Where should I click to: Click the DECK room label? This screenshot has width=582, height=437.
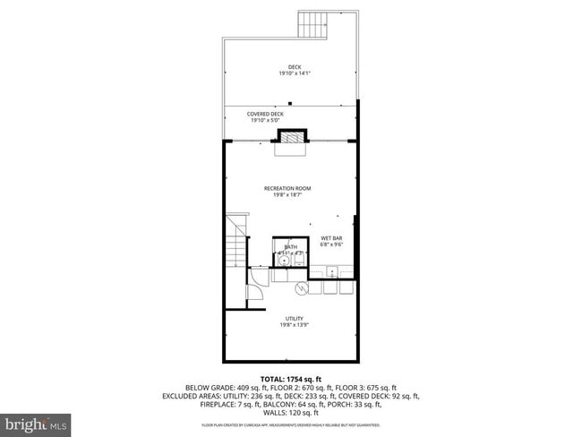pyautogui.click(x=289, y=67)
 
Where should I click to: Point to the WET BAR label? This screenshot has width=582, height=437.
pyautogui.click(x=332, y=237)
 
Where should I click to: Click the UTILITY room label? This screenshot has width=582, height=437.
pyautogui.click(x=294, y=319)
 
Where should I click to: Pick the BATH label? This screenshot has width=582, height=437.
pyautogui.click(x=290, y=246)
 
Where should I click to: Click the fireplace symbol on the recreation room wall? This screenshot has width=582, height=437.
pyautogui.click(x=291, y=137)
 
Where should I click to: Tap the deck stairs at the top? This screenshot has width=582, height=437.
pyautogui.click(x=313, y=24)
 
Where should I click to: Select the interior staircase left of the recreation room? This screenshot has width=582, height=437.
pyautogui.click(x=235, y=240)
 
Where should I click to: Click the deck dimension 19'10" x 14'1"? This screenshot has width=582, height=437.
pyautogui.click(x=289, y=74)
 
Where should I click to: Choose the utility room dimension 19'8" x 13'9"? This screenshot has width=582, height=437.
pyautogui.click(x=294, y=326)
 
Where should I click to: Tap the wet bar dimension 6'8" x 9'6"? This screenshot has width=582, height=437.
pyautogui.click(x=332, y=244)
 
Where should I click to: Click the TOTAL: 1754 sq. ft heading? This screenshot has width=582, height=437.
pyautogui.click(x=291, y=379)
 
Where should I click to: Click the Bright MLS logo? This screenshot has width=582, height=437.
pyautogui.click(x=37, y=422)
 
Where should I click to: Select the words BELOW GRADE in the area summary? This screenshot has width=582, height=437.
pyautogui.click(x=210, y=388)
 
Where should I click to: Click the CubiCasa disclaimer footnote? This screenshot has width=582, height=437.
pyautogui.click(x=291, y=425)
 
